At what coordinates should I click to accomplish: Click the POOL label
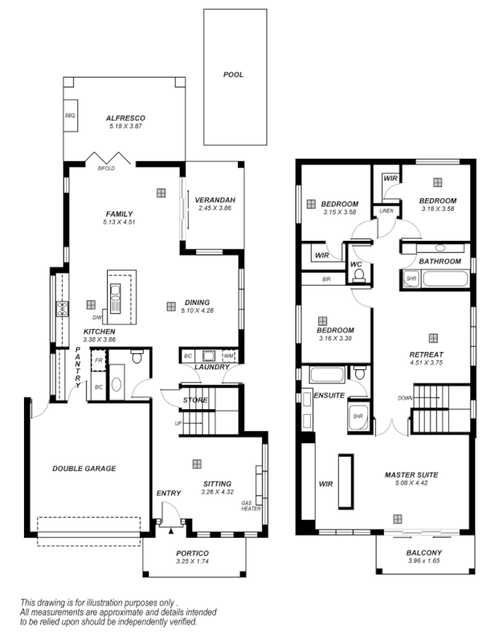click(234, 75)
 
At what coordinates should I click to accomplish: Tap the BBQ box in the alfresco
click(70, 116)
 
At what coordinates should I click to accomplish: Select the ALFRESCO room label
click(125, 118)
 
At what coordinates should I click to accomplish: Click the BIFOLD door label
click(106, 169)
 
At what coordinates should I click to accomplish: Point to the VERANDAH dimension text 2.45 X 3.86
click(214, 209)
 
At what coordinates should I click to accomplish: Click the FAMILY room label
click(119, 213)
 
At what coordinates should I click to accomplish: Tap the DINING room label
click(197, 303)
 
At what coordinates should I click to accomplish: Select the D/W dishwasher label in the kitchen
click(97, 318)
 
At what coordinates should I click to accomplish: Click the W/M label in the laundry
click(228, 355)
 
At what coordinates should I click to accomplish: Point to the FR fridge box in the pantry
click(98, 361)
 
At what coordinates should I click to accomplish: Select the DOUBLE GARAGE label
click(84, 469)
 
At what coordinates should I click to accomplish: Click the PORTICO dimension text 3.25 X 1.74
click(192, 562)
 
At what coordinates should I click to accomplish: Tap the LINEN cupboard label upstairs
click(386, 211)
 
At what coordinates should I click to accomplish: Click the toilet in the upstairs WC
click(358, 274)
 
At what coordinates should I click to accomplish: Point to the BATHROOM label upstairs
click(439, 262)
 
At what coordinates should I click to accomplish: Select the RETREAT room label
click(427, 354)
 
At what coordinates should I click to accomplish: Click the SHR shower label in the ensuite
click(358, 416)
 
